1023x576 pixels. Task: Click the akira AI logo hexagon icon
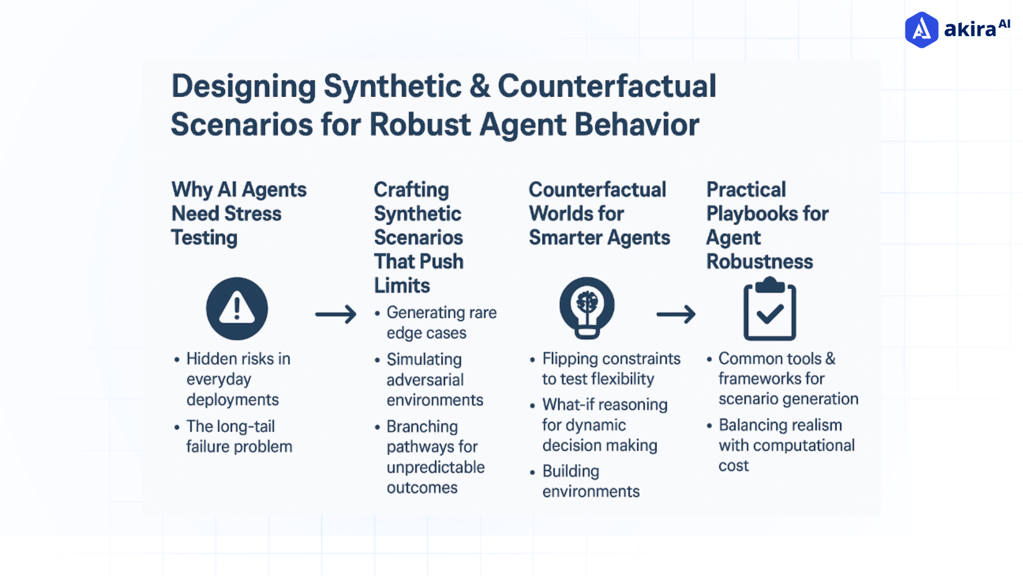point(921,30)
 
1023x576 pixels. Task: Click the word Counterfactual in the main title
point(606,86)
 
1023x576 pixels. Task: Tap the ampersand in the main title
point(480,86)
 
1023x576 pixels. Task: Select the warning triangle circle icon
point(237,308)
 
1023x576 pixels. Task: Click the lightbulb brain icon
point(587,307)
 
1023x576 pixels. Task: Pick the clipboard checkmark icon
point(769,310)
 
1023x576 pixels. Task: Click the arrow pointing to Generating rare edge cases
point(336,314)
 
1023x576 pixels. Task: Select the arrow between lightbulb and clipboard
point(676,314)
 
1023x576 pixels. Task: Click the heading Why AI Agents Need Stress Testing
point(238,213)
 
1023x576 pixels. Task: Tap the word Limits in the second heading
point(402,286)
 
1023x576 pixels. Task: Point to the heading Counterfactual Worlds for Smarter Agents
point(599,213)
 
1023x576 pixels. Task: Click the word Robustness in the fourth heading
point(759,262)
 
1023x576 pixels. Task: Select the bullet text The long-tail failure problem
point(239,436)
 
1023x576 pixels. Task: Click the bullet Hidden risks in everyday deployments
point(238,379)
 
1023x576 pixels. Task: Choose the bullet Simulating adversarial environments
point(434,380)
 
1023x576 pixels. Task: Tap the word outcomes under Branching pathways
point(422,487)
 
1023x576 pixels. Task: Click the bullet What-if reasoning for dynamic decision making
point(604,425)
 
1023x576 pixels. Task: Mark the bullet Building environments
point(590,481)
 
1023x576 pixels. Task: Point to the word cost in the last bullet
point(733,466)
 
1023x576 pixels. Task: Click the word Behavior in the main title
point(637,125)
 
